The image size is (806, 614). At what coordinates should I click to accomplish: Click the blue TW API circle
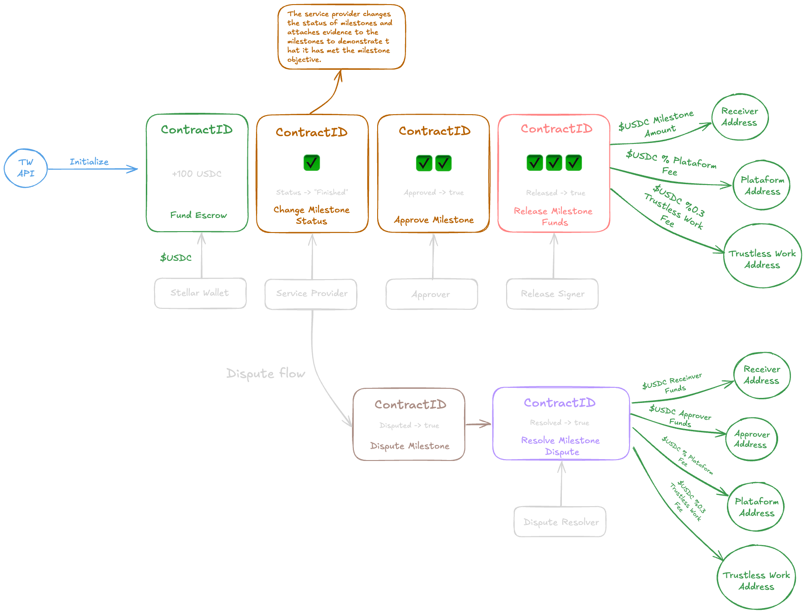click(x=26, y=168)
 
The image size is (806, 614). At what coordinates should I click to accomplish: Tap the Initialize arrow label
click(x=89, y=162)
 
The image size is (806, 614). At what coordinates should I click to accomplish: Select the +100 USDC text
click(x=197, y=174)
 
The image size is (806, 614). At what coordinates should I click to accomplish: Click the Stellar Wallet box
click(x=200, y=293)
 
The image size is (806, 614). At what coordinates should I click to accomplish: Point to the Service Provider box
click(x=311, y=294)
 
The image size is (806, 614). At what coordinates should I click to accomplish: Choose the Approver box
click(x=431, y=294)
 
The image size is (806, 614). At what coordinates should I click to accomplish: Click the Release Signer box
click(x=552, y=294)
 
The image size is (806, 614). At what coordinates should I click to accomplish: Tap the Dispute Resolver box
click(x=560, y=522)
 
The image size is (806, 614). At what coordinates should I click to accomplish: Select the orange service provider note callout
click(x=341, y=37)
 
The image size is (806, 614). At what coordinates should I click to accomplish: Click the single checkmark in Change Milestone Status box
click(x=311, y=163)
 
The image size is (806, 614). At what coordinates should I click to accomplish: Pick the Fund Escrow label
click(x=198, y=215)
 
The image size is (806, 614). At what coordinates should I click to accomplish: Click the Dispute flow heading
click(x=266, y=373)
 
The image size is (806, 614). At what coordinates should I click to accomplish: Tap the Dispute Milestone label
click(x=410, y=446)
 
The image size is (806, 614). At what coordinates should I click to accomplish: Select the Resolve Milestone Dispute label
click(x=560, y=446)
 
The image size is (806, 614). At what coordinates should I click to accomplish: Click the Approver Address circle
click(x=751, y=439)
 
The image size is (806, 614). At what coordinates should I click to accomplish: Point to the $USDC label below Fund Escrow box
click(x=176, y=258)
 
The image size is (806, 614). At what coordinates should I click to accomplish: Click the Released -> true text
click(x=555, y=193)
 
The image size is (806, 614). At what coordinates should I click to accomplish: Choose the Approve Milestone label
click(x=434, y=220)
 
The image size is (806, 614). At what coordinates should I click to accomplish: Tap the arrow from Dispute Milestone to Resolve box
click(x=478, y=424)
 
